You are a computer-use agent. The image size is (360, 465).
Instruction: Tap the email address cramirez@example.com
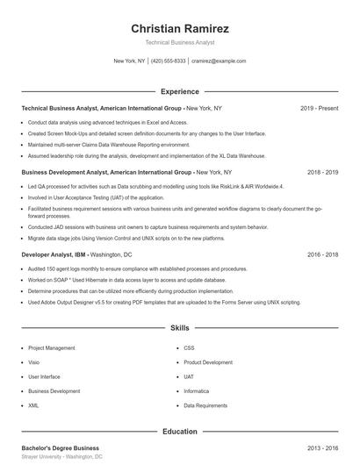(219, 61)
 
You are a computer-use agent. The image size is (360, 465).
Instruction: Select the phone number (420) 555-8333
(169, 61)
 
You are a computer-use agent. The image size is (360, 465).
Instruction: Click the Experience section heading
(179, 91)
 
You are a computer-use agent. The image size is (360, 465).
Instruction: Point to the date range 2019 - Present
(319, 108)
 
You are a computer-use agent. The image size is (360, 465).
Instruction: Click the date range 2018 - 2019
(322, 173)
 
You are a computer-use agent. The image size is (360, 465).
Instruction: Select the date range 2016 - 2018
(322, 254)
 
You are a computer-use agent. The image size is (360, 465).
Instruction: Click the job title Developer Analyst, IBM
(54, 254)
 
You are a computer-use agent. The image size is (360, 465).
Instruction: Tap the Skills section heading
(179, 328)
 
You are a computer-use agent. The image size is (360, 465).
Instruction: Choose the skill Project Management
(52, 347)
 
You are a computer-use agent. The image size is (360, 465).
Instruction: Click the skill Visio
(33, 362)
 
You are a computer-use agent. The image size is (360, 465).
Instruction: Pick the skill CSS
(189, 347)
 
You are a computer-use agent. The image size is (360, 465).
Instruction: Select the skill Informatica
(196, 391)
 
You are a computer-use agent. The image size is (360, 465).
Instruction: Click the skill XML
(33, 406)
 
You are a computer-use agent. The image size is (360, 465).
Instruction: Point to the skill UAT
(189, 377)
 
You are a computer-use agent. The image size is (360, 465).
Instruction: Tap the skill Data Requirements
(205, 406)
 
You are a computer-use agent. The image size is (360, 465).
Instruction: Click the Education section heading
(179, 432)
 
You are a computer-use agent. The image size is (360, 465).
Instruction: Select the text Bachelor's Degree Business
(60, 448)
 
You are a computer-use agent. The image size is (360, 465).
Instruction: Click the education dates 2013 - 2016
(322, 448)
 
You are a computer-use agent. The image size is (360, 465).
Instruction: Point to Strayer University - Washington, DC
(61, 457)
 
